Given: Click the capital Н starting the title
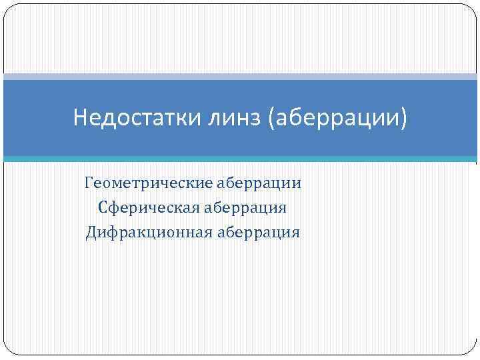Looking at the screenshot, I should click(x=80, y=119).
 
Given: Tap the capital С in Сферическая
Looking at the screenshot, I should click(x=103, y=208).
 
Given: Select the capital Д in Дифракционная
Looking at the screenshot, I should click(x=92, y=233).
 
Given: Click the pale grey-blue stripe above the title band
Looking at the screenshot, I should click(x=240, y=77).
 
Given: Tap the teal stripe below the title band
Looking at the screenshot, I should click(x=240, y=159).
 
